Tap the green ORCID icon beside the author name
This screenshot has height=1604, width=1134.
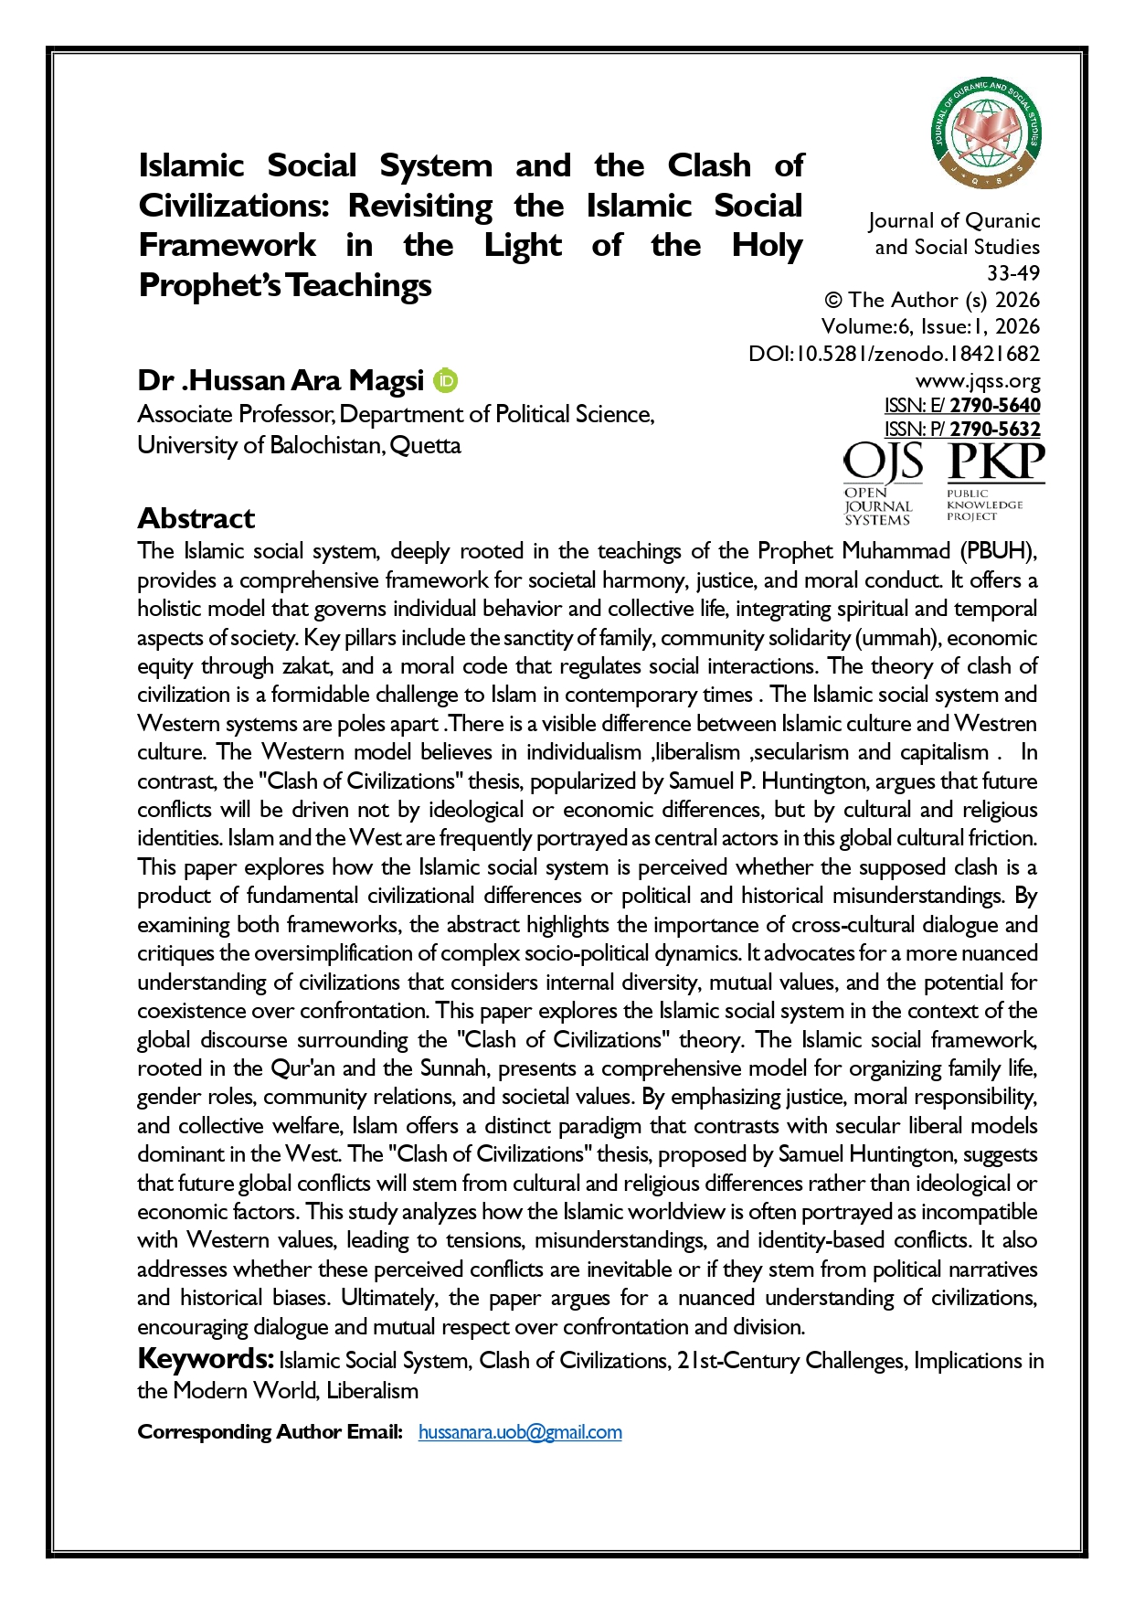(445, 380)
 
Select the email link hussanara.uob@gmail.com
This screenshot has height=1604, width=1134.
(520, 1432)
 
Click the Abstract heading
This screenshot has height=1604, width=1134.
(196, 518)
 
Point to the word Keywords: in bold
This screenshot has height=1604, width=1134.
(206, 1359)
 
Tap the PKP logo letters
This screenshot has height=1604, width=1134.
(996, 462)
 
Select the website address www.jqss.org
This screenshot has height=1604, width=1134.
(978, 380)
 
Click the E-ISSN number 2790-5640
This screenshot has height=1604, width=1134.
(995, 405)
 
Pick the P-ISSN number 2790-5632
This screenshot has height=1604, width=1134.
(995, 429)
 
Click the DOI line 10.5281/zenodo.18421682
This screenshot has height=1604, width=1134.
(894, 354)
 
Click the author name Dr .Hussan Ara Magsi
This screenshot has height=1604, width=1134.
(281, 380)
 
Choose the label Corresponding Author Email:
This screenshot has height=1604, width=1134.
(270, 1432)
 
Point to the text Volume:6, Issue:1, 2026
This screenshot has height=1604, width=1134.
(930, 327)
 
